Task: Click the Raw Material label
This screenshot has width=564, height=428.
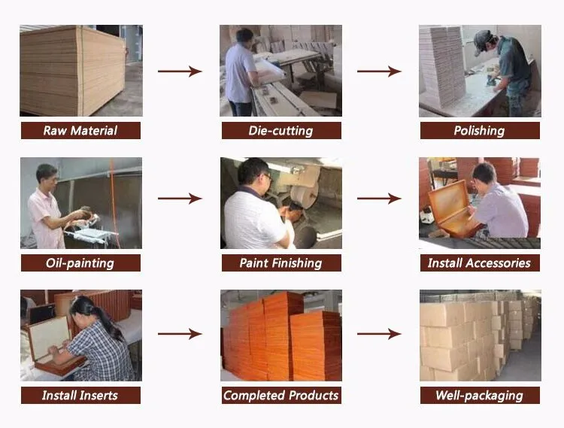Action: (x=80, y=131)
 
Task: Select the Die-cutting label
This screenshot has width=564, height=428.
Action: (x=280, y=131)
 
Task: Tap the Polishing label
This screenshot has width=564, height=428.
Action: (x=479, y=131)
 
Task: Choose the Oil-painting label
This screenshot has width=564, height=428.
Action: (x=80, y=263)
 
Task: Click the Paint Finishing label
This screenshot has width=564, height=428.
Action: (x=280, y=263)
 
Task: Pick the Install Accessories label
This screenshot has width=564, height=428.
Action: (x=479, y=263)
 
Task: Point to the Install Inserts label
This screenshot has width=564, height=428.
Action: (x=80, y=395)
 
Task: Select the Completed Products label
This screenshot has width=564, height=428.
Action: (x=280, y=395)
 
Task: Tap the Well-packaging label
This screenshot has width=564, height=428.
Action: (x=479, y=395)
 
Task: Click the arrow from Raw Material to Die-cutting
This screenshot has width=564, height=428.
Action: (x=180, y=71)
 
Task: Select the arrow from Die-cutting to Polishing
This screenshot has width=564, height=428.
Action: (x=379, y=71)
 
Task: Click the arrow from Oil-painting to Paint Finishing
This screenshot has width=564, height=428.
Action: (x=180, y=199)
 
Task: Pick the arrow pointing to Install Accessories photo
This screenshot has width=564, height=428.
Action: (x=379, y=199)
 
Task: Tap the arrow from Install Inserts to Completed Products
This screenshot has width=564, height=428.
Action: (x=180, y=333)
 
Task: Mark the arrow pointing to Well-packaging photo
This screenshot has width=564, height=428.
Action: (x=379, y=333)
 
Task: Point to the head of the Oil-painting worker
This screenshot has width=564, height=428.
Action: (x=46, y=175)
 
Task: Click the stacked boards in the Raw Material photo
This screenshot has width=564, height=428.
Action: (x=71, y=71)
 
